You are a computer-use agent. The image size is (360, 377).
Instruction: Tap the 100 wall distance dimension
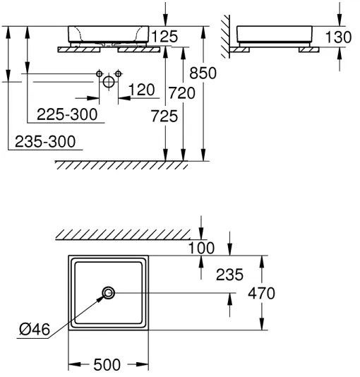pyautogui.click(x=202, y=248)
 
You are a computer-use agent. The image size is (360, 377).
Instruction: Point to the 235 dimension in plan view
pyautogui.click(x=229, y=275)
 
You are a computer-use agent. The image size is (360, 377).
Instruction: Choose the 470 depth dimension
pyautogui.click(x=260, y=292)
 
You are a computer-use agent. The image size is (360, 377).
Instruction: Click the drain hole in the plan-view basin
pyautogui.click(x=108, y=293)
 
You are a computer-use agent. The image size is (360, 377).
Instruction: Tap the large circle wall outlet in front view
pyautogui.click(x=108, y=82)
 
